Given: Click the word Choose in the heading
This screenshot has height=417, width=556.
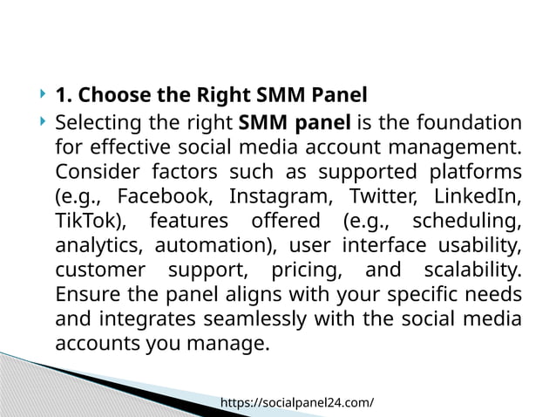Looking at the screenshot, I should (112, 94).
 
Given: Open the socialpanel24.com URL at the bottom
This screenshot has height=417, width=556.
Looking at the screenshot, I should (297, 402).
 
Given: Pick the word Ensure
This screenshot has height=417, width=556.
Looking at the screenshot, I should (87, 293).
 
